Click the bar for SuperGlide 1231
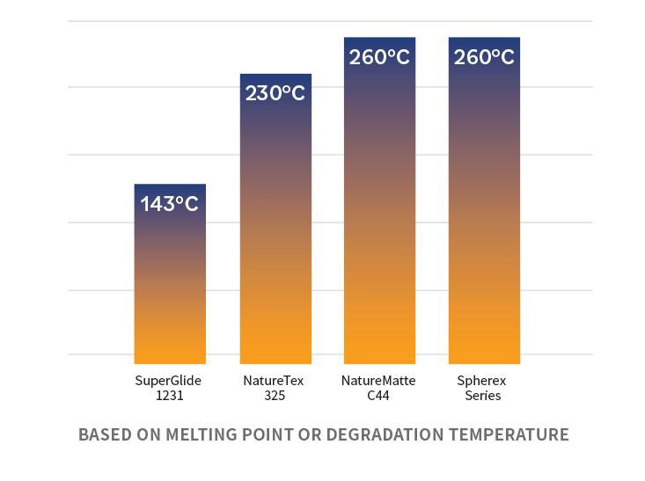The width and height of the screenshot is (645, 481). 170,273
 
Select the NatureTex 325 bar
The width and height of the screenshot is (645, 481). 275,219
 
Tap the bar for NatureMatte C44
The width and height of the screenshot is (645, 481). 379,200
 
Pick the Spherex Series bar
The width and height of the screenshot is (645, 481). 484,200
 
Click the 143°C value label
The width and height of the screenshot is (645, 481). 170,204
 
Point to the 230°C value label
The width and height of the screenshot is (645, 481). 275,93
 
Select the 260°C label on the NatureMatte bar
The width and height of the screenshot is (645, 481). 379,57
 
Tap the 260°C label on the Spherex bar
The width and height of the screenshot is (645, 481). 484,57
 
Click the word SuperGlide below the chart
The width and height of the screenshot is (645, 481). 168,381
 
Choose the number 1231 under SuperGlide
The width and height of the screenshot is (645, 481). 170,396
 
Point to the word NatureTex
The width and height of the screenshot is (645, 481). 274,381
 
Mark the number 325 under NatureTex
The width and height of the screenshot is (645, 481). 275,396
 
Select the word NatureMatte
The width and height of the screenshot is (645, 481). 378,381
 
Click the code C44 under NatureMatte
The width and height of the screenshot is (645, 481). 378,396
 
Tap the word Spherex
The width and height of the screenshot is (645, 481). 481,381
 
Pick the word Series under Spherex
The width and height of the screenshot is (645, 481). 483,396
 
